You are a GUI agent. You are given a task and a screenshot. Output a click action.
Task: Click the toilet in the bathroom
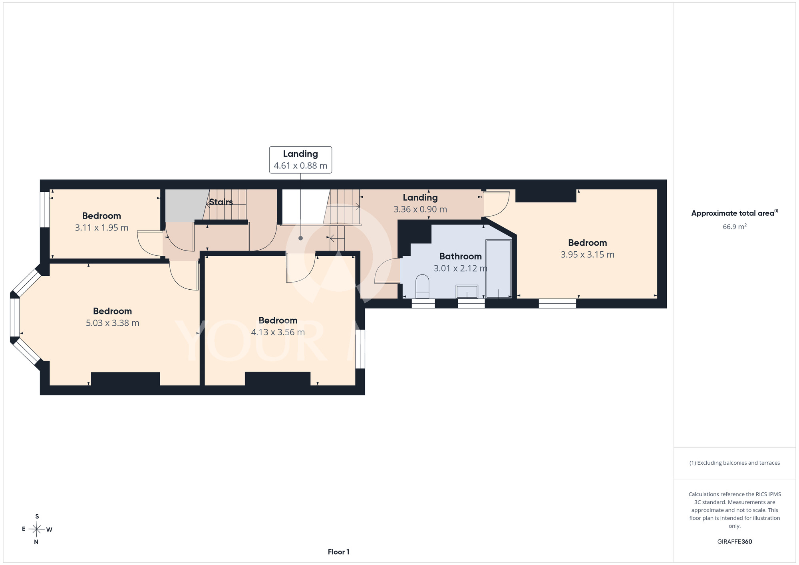click(422, 286)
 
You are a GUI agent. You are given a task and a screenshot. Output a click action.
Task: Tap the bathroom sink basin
click(467, 292)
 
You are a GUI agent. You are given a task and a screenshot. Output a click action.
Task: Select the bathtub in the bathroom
click(499, 269)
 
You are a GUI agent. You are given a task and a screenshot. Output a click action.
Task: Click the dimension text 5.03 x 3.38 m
click(113, 323)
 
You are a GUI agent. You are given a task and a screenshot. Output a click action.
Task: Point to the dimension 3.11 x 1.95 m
click(101, 228)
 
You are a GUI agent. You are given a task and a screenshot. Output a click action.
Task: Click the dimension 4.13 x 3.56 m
click(278, 332)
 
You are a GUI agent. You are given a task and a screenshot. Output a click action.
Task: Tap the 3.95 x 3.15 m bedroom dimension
click(587, 255)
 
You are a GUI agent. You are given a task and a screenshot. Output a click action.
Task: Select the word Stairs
click(221, 202)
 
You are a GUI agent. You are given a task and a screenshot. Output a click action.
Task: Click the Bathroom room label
click(460, 257)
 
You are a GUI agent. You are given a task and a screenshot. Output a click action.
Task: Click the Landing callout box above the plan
click(300, 160)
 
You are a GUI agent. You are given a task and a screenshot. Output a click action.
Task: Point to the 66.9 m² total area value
click(735, 227)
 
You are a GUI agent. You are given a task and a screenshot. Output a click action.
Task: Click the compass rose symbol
click(37, 529)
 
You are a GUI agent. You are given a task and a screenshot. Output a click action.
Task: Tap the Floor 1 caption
click(338, 552)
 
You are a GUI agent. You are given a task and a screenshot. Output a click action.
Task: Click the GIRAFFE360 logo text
click(735, 542)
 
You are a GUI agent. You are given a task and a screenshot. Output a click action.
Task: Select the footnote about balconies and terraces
click(735, 463)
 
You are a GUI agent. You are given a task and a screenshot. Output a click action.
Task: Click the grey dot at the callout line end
click(300, 238)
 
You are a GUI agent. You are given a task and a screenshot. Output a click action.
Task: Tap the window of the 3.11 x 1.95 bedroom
click(45, 210)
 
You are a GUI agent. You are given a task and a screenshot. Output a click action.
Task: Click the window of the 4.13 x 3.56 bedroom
click(360, 349)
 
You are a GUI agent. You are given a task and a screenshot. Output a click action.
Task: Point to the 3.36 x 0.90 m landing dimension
click(420, 209)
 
